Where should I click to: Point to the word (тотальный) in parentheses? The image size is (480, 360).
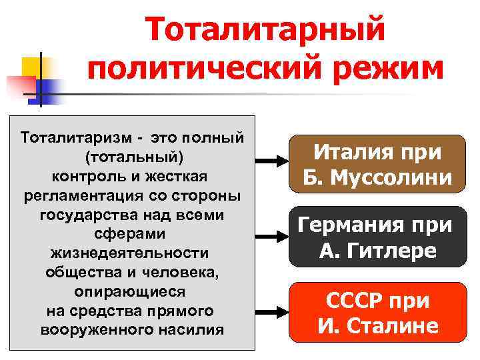pyautogui.click(x=133, y=157)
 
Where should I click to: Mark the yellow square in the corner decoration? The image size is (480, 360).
pyautogui.click(x=33, y=67)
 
